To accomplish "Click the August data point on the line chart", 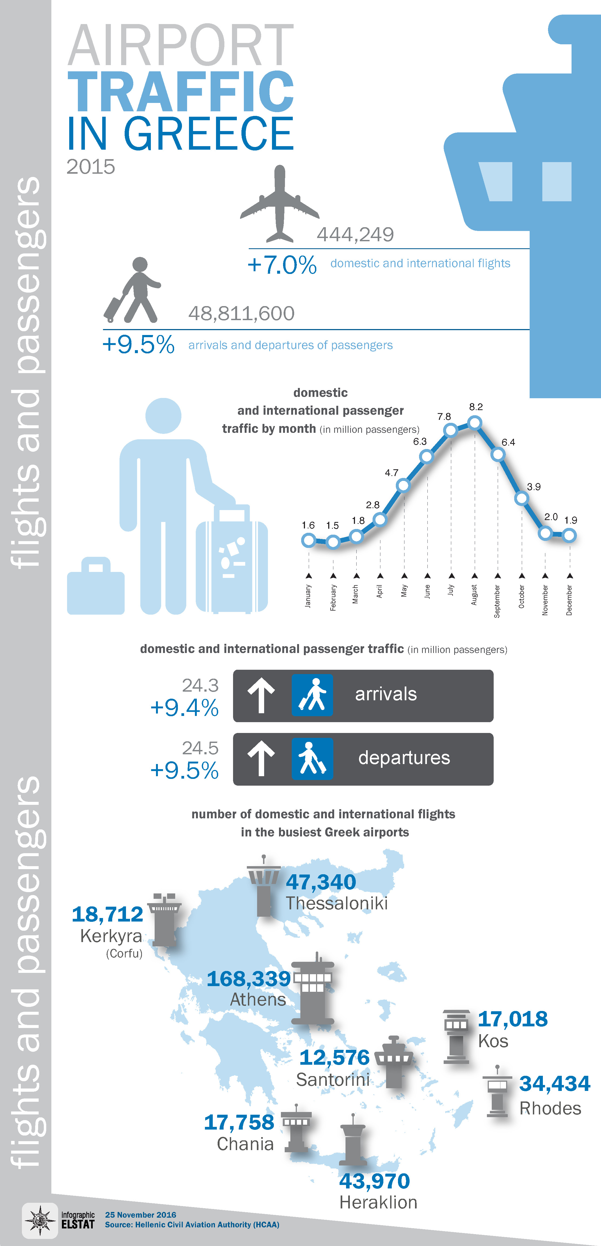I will (475, 423).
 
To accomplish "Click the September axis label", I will (497, 601).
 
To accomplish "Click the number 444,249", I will (355, 235).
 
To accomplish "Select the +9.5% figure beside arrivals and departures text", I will (138, 344).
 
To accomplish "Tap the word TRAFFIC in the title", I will (181, 91).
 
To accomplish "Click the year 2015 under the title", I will (91, 167).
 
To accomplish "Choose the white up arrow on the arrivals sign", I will (261, 695).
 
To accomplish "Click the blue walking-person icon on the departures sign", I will (312, 758).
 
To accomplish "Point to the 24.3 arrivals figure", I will (200, 685).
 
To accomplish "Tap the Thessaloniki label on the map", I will (337, 903).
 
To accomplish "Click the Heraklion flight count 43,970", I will (374, 1181).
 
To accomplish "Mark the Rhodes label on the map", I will (550, 1108).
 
